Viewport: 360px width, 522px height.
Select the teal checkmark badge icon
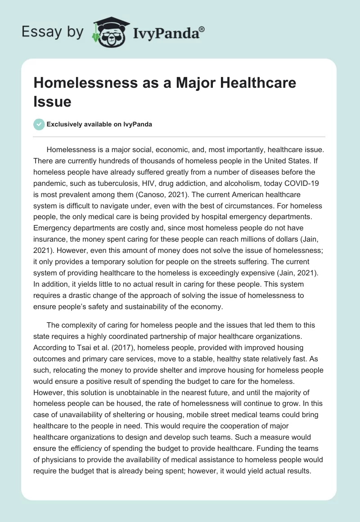[39, 125]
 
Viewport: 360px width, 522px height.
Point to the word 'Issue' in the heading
[52, 101]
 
